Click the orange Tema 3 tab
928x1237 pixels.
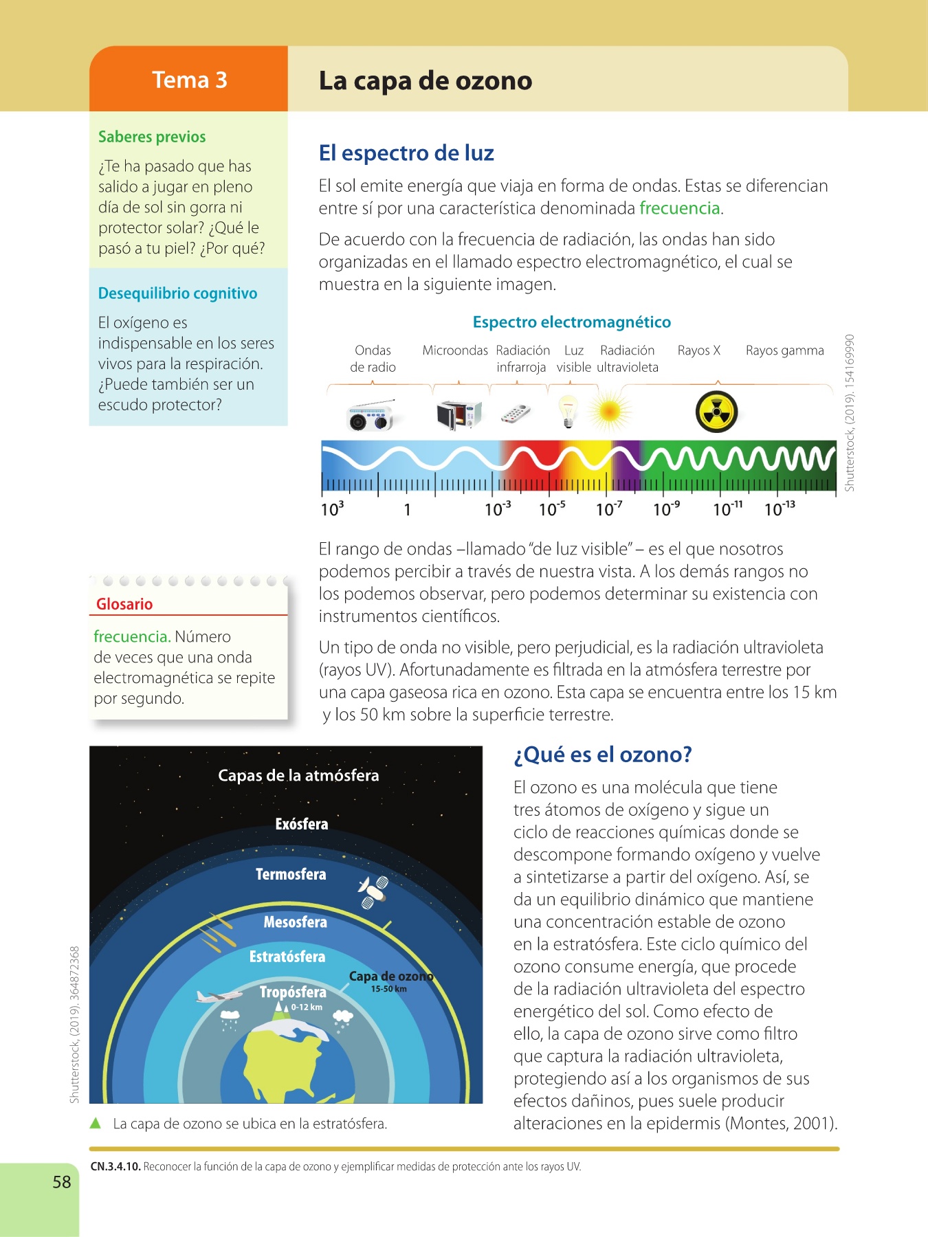(x=189, y=80)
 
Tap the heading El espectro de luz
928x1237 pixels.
(x=406, y=153)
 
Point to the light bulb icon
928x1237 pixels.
(x=568, y=411)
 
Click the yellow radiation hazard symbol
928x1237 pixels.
(x=716, y=412)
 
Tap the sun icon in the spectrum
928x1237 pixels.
(x=609, y=412)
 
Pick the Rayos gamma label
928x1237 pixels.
(x=784, y=350)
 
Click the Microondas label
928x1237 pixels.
(x=455, y=350)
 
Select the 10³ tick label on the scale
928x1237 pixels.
(x=332, y=509)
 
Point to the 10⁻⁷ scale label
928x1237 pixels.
(x=609, y=509)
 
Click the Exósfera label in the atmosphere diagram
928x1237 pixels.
(x=301, y=824)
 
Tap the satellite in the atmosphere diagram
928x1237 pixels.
(x=373, y=891)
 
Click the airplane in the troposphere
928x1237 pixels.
(x=219, y=995)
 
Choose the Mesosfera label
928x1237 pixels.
(x=295, y=922)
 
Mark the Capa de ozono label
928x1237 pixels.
(x=390, y=977)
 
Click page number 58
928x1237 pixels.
(x=62, y=1182)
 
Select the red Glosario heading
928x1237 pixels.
(x=124, y=604)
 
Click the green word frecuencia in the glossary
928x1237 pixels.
(x=131, y=636)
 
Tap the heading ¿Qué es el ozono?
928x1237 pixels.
(x=602, y=755)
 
